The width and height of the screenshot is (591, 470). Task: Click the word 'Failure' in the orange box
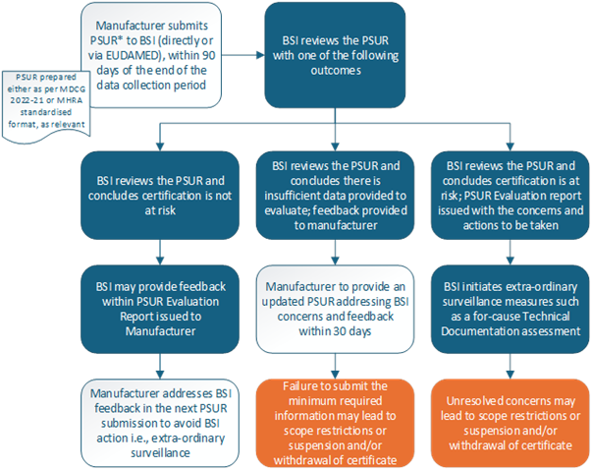click(307, 385)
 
